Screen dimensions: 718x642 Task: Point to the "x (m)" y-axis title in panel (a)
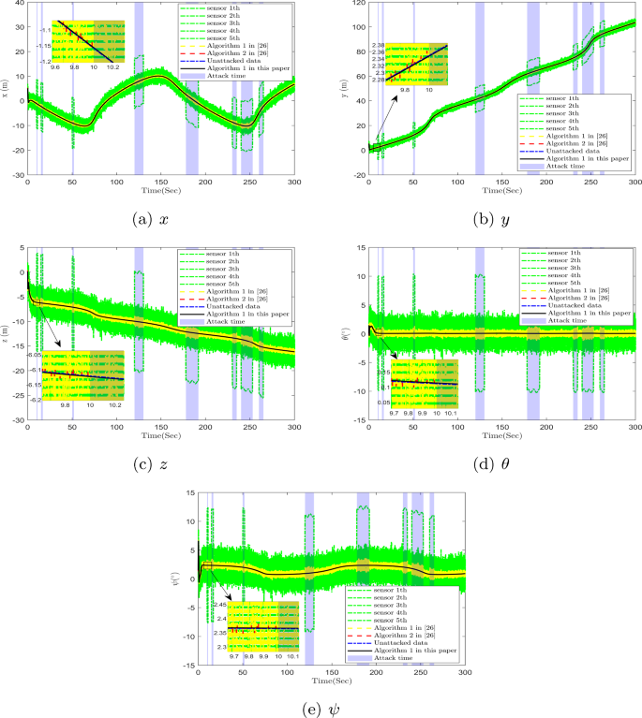click(7, 89)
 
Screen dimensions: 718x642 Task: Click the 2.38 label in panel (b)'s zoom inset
click(380, 45)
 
